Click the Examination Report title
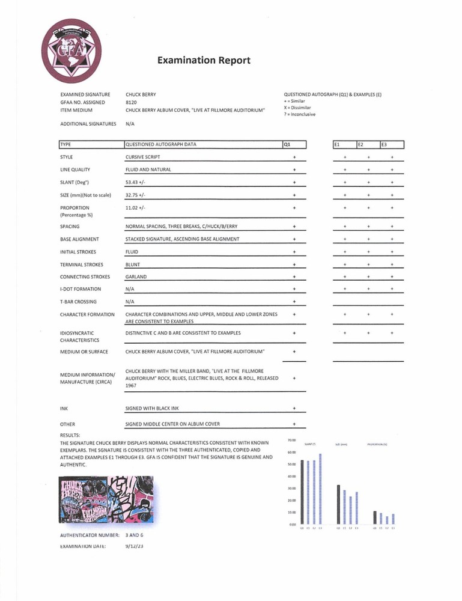[204, 60]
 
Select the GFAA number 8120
[132, 103]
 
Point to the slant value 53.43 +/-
[137, 182]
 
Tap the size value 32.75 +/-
[137, 195]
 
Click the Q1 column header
[294, 144]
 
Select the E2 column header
[368, 144]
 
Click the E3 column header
[392, 144]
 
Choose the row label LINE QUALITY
[75, 169]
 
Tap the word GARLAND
[136, 277]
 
